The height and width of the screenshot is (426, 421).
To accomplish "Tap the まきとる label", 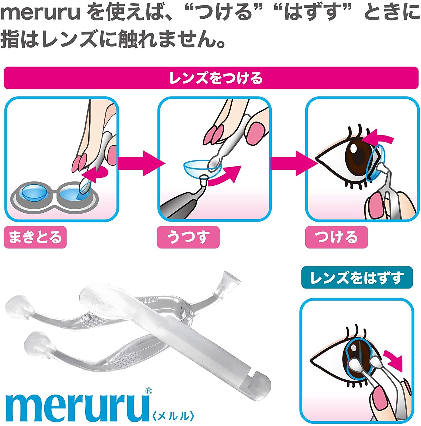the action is tap(35, 237).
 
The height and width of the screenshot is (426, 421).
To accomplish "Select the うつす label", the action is tap(188, 237).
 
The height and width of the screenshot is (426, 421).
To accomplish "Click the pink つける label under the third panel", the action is tap(337, 237).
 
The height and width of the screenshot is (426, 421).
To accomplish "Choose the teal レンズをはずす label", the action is tap(357, 277).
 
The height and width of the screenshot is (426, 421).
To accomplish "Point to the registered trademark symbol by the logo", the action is tap(148, 391).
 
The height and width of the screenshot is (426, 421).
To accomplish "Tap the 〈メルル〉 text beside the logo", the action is tap(173, 416).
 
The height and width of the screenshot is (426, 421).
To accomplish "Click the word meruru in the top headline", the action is tap(41, 13).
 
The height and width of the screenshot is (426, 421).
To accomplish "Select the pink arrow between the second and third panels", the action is tap(294, 163).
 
